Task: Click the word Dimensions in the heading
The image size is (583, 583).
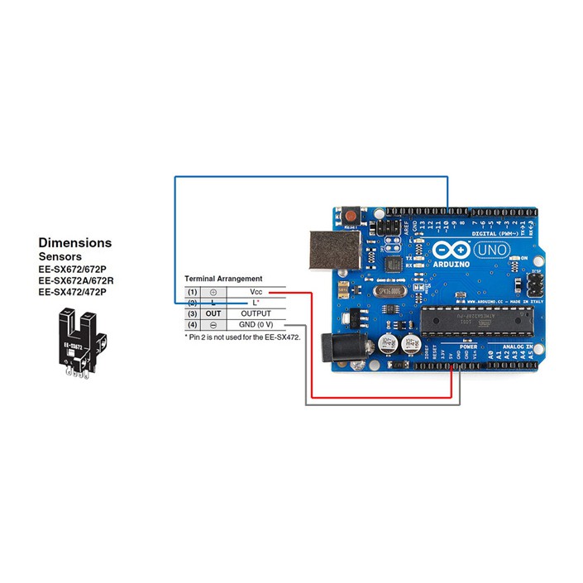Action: coord(74,243)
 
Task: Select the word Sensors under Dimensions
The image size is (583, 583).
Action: coord(63,257)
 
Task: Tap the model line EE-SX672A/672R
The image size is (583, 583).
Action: coord(76,280)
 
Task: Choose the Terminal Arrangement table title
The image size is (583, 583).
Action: coord(222,279)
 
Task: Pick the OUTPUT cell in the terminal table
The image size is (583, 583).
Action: coord(256,314)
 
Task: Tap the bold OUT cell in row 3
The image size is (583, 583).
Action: coord(213,314)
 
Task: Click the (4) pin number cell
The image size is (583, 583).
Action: coord(192,326)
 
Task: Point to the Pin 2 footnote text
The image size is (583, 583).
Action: coord(241,337)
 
